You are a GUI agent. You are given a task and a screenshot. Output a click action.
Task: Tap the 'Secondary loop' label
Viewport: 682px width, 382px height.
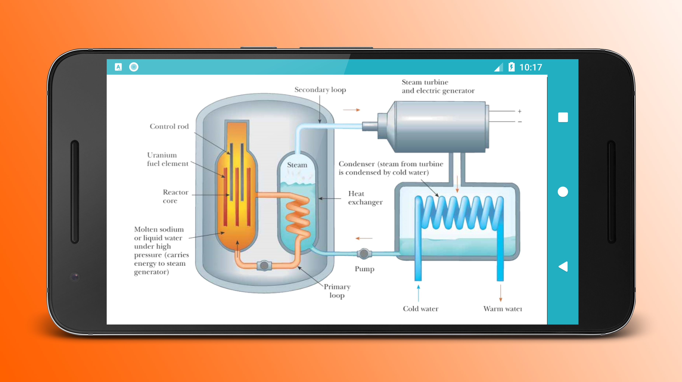pyautogui.click(x=320, y=90)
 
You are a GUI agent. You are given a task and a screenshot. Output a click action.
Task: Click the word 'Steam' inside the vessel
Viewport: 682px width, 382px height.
pyautogui.click(x=297, y=165)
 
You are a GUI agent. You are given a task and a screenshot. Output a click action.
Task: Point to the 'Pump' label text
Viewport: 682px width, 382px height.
pyautogui.click(x=364, y=269)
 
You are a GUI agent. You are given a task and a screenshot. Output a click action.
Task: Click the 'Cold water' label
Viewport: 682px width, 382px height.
pyautogui.click(x=421, y=309)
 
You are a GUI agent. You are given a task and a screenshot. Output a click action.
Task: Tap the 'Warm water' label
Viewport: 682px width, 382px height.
pyautogui.click(x=502, y=309)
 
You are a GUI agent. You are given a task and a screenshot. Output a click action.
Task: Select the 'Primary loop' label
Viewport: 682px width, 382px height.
pyautogui.click(x=337, y=291)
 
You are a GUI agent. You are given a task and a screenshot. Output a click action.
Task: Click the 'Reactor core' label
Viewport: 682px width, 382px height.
pyautogui.click(x=175, y=196)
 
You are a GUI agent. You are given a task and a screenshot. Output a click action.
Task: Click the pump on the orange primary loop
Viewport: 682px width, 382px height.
pyautogui.click(x=264, y=265)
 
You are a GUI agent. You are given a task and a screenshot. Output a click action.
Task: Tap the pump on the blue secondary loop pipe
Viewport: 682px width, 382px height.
pyautogui.click(x=364, y=254)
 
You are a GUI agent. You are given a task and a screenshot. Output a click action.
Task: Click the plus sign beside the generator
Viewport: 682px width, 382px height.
pyautogui.click(x=520, y=111)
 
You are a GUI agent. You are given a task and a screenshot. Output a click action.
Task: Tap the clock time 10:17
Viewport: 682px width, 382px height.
pyautogui.click(x=531, y=67)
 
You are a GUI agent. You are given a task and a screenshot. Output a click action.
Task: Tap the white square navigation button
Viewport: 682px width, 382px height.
pyautogui.click(x=563, y=117)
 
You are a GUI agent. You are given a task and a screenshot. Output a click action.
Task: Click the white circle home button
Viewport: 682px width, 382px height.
pyautogui.click(x=563, y=192)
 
